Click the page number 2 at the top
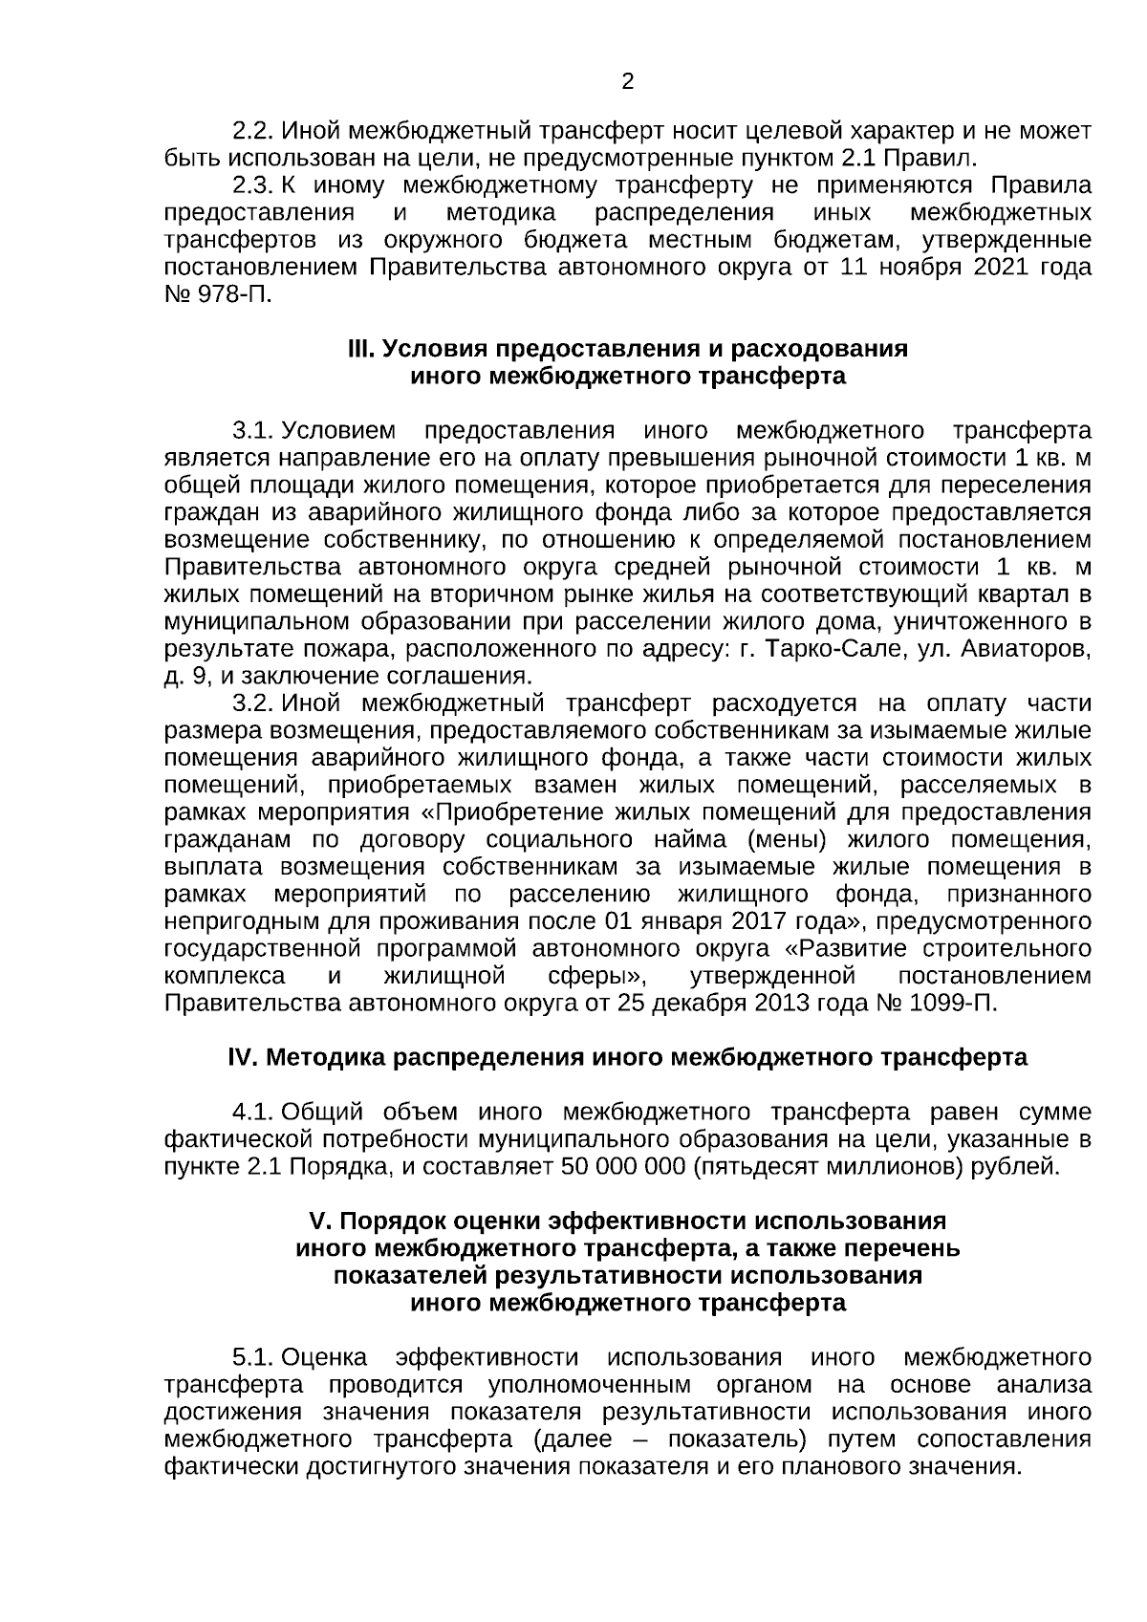627,82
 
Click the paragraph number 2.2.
253,129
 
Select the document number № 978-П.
219,293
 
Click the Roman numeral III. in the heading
361,349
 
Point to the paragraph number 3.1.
253,430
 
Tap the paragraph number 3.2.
253,704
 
